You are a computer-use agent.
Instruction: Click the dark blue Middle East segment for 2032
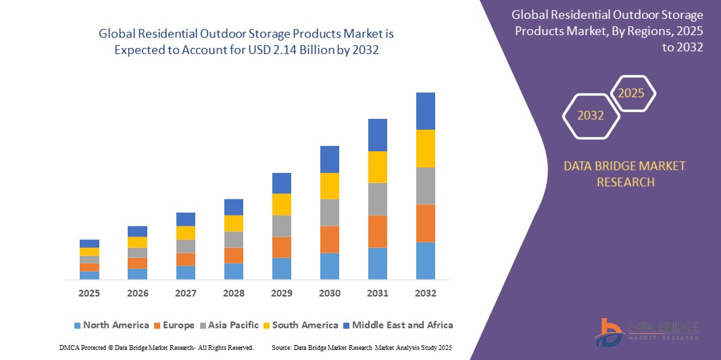click(425, 111)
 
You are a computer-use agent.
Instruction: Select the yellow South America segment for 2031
click(377, 167)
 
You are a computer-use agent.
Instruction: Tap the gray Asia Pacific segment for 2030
click(329, 212)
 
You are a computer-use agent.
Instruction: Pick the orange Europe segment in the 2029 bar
click(281, 247)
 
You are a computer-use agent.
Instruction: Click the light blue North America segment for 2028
click(233, 271)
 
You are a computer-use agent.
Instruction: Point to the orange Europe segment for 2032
click(425, 223)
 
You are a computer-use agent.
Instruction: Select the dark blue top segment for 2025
click(89, 243)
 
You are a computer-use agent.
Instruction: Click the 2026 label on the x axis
click(138, 293)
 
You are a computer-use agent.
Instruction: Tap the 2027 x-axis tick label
click(186, 293)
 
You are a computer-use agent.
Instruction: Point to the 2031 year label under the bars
click(378, 293)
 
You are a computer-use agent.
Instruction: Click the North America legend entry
click(111, 325)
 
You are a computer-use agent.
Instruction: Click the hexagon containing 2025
click(632, 93)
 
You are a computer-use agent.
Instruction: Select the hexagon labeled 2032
click(591, 115)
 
